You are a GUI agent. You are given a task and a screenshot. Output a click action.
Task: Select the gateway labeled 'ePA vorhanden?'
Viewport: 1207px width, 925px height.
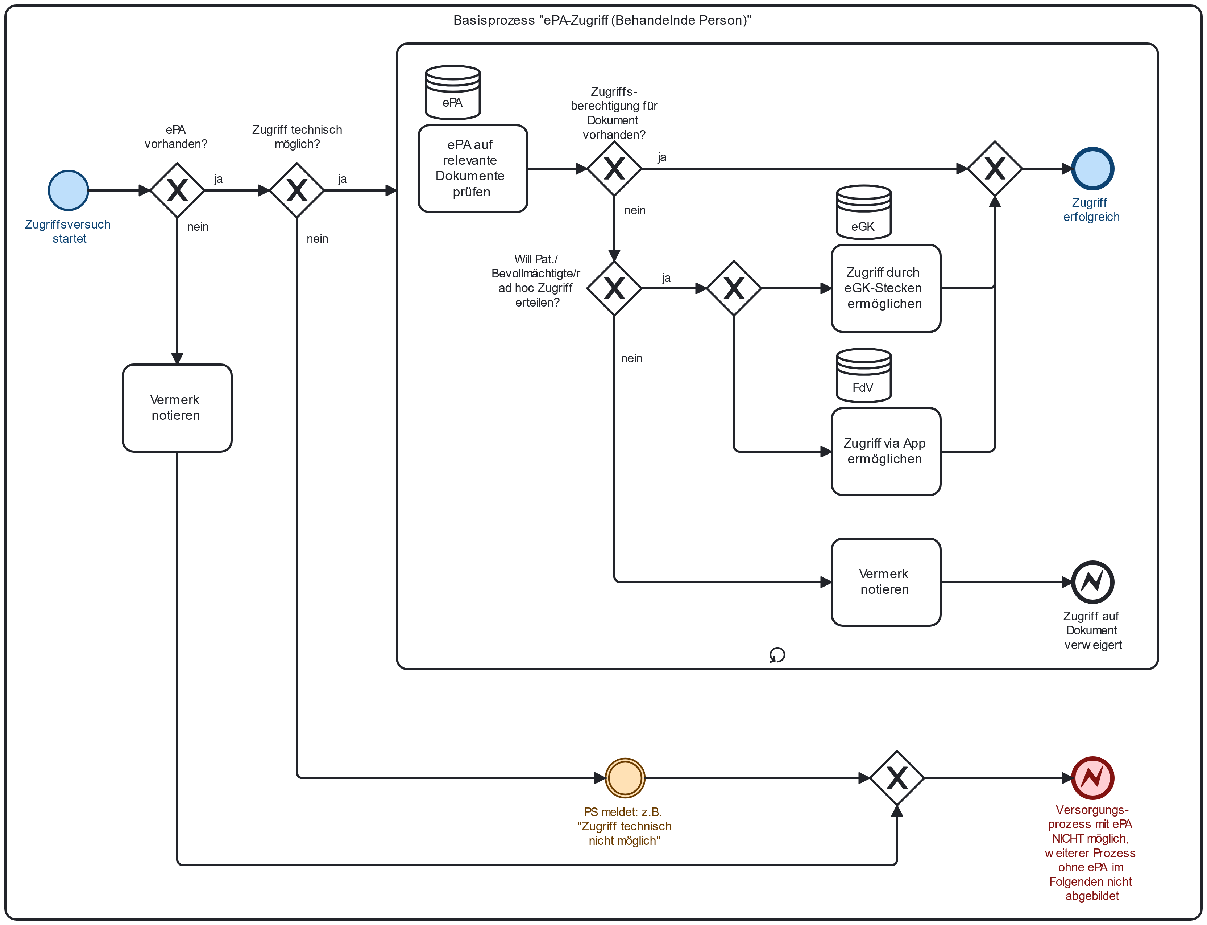click(177, 190)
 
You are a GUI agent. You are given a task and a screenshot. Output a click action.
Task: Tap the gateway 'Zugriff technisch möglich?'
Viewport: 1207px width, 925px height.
click(297, 190)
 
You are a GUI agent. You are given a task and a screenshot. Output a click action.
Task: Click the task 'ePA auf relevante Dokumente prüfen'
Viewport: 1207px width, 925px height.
click(473, 168)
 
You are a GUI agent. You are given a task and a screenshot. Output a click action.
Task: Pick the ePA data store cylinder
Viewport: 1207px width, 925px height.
click(453, 92)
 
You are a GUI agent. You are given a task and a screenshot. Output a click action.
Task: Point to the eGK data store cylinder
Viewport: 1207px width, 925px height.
click(864, 212)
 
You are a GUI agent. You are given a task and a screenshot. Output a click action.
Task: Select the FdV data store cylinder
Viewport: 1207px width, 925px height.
click(864, 375)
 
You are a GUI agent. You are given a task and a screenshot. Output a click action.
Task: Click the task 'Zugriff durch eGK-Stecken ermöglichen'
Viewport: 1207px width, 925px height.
click(886, 288)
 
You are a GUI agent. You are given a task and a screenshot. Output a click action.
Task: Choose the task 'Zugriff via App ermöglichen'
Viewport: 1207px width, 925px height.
click(886, 452)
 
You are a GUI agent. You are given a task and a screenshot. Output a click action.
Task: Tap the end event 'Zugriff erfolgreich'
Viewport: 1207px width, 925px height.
click(1092, 168)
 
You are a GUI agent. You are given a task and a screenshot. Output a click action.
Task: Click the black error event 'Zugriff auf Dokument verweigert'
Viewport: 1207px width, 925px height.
click(1092, 582)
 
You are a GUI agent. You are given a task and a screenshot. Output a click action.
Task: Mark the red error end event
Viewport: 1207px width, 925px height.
click(1092, 778)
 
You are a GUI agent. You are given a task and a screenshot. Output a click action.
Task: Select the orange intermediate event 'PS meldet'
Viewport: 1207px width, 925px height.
click(625, 778)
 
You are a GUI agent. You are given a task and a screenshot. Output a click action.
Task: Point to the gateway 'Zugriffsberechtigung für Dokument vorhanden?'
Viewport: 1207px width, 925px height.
click(614, 168)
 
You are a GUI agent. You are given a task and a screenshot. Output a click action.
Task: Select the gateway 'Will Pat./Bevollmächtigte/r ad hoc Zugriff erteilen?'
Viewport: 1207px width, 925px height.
click(614, 288)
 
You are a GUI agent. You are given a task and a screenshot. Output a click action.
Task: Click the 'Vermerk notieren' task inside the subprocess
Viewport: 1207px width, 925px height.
click(886, 582)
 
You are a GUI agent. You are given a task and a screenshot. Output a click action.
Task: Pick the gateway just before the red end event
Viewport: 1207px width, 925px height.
click(897, 778)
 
